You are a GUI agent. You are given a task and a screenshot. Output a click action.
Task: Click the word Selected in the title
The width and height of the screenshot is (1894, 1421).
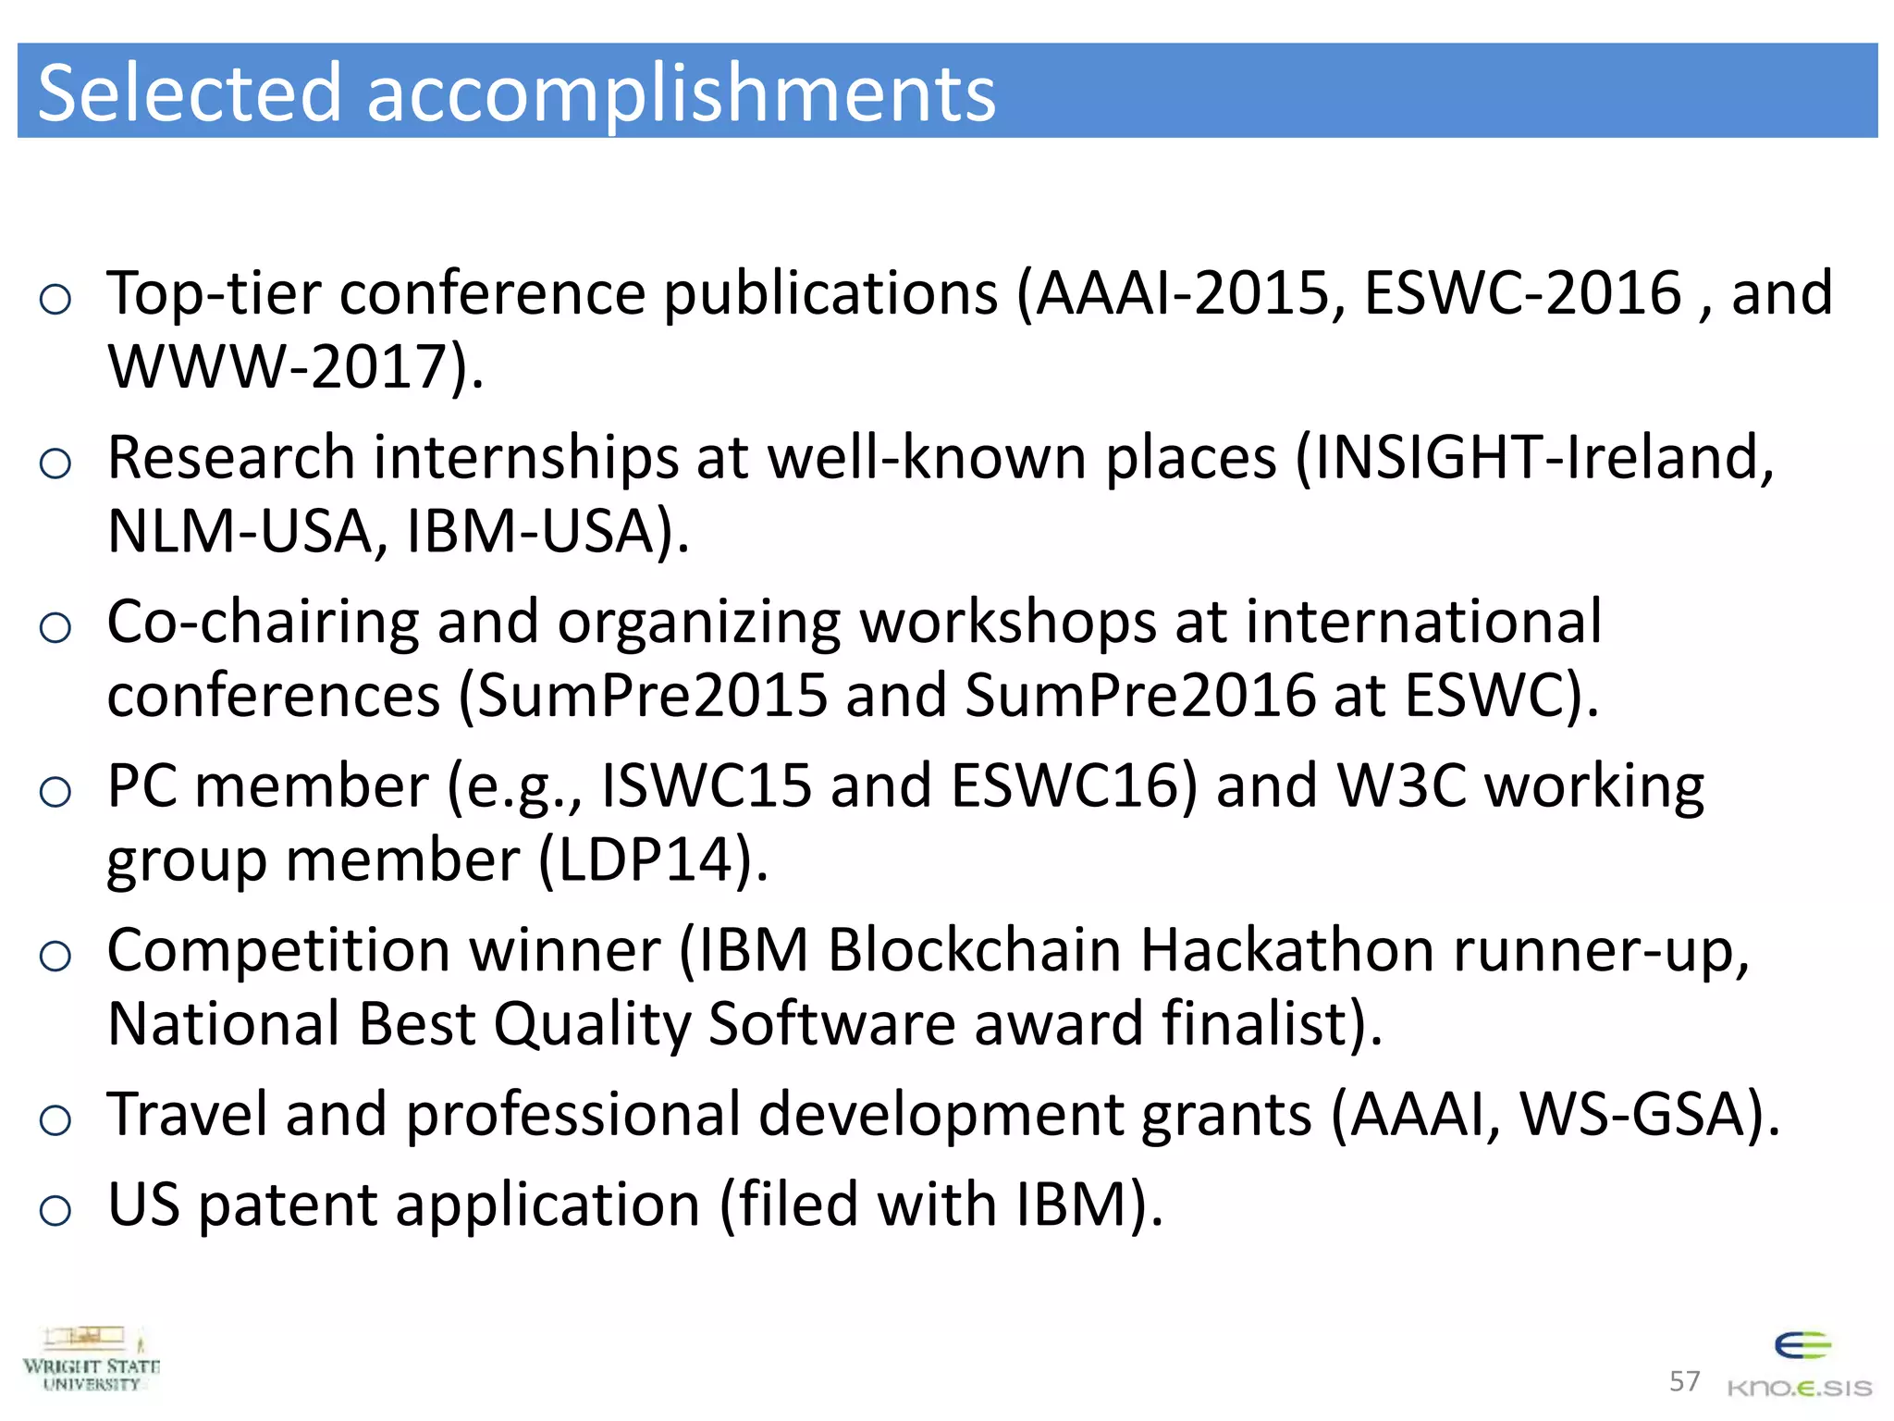point(190,93)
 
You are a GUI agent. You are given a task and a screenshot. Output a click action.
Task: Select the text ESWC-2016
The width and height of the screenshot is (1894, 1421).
point(1522,293)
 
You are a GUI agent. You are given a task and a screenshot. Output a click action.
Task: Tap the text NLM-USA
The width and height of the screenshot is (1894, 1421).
point(239,531)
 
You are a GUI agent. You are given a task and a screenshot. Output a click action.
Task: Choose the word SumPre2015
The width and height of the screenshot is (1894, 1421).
point(653,695)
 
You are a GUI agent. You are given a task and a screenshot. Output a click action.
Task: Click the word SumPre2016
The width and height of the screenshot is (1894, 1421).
point(1140,695)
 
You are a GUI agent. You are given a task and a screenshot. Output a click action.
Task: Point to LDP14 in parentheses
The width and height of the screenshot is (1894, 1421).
point(651,859)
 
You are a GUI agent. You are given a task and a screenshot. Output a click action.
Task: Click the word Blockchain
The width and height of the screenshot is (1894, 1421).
point(974,950)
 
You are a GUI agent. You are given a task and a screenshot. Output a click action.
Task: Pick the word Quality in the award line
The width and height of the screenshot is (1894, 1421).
point(592,1024)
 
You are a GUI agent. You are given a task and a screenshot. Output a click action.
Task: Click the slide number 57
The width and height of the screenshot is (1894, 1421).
point(1684,1381)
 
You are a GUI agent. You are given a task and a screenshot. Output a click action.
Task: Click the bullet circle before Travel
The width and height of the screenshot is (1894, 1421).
point(55,1120)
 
